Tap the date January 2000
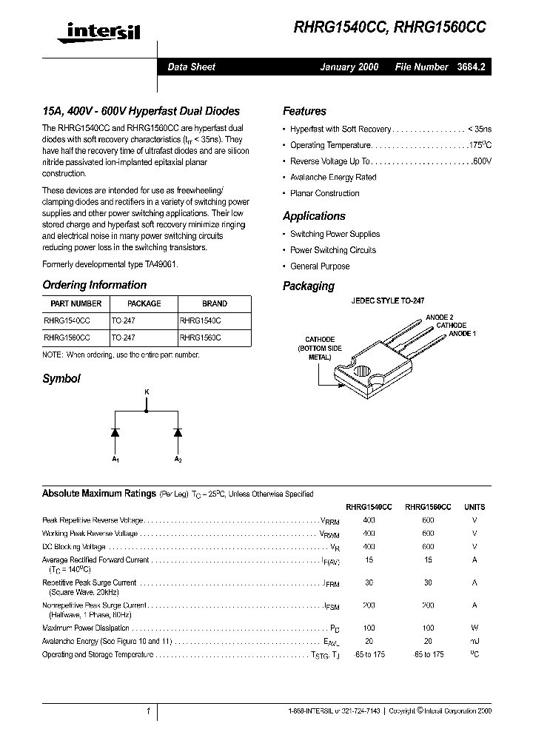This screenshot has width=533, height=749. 349,67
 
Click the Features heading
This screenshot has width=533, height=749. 304,111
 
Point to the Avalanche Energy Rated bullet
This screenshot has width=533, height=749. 332,178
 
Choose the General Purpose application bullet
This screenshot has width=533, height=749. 319,266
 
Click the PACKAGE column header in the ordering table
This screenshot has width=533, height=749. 144,303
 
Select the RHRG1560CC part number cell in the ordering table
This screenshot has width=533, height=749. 67,337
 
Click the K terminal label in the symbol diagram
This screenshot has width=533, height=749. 146,390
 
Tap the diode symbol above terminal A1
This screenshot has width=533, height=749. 115,431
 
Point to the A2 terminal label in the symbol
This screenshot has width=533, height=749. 178,460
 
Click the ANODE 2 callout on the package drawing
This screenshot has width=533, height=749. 439,317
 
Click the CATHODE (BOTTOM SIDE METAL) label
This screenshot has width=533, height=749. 320,348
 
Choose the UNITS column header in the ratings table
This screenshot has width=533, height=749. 475,507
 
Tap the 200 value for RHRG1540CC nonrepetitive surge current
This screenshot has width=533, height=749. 369,605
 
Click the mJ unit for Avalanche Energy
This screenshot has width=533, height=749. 475,641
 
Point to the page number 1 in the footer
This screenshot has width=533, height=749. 148,711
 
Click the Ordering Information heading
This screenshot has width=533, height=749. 94,285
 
